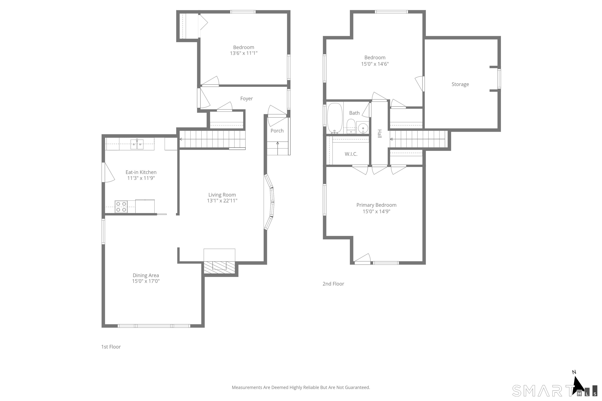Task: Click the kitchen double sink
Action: coord(137,144)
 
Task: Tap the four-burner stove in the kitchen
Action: coord(121,207)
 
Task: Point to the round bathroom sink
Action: coord(363,127)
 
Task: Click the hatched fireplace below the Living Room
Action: coord(219,267)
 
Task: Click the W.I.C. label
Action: coord(351,154)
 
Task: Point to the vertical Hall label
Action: coord(380,134)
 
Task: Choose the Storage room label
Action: coord(460,84)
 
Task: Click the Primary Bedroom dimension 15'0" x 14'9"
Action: coord(376,211)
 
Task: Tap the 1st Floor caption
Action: coord(111,347)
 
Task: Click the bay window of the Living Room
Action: coord(270,202)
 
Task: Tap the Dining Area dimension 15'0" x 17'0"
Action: coord(146,281)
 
